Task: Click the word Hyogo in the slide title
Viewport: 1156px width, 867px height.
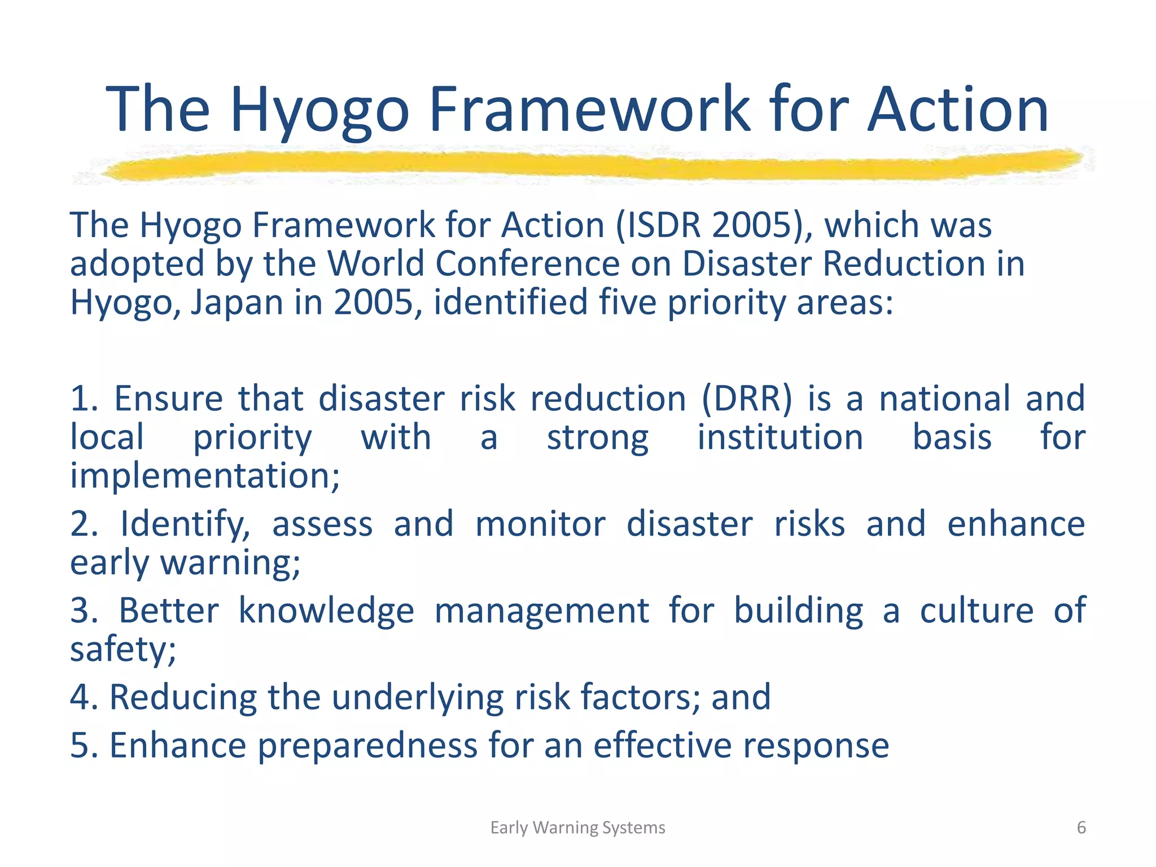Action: coord(319,110)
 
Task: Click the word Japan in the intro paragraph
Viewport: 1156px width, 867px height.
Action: coord(237,303)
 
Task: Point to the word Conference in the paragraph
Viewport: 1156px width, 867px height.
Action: coord(528,264)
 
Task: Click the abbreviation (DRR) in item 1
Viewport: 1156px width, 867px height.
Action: coord(747,399)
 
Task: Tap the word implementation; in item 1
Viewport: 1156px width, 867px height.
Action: coord(205,476)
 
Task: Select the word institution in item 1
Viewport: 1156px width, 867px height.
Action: coord(780,437)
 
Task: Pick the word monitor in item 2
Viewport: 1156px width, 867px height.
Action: coord(540,524)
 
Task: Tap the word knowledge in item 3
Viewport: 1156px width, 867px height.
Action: coord(326,611)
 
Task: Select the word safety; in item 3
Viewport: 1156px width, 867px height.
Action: coord(123,650)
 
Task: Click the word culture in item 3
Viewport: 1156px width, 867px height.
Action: coord(977,611)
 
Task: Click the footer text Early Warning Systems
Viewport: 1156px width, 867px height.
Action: coord(577,827)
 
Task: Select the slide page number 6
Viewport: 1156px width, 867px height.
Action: coord(1081,827)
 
